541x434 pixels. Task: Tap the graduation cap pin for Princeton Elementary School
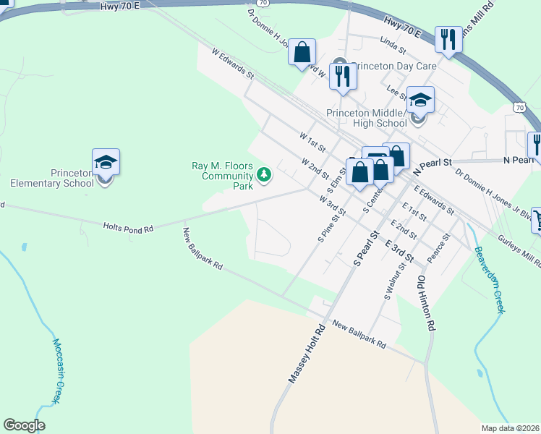[106, 163]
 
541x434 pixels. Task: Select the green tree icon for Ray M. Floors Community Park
[264, 174]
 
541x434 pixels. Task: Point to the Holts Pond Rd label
[129, 227]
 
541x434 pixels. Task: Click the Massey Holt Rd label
[308, 353]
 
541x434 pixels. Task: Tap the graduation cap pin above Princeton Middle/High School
[419, 101]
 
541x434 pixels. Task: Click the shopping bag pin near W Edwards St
[302, 53]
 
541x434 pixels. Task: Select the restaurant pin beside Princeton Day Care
[343, 76]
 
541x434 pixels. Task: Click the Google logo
[24, 425]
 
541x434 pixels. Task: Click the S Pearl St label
[366, 248]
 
